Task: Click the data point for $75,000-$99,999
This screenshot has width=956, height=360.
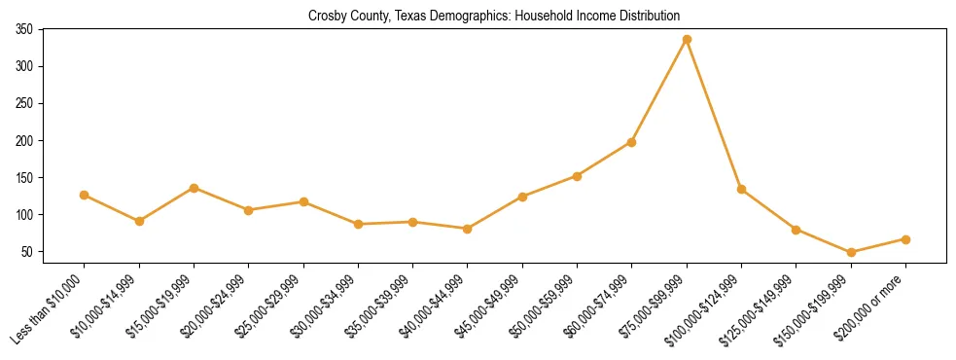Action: [x=687, y=39]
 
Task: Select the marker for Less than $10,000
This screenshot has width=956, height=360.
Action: [x=85, y=195]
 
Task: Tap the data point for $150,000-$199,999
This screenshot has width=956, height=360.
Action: [x=851, y=252]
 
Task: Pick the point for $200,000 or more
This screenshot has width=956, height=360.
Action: [x=905, y=239]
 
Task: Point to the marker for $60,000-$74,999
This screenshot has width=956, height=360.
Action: [x=632, y=142]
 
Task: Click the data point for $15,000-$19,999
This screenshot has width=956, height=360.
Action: [x=194, y=188]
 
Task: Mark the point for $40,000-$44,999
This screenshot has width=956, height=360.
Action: [x=468, y=229]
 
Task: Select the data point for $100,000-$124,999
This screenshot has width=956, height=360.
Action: [x=741, y=189]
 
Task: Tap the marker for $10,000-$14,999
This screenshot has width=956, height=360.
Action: [x=139, y=221]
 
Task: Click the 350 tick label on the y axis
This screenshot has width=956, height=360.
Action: [x=24, y=30]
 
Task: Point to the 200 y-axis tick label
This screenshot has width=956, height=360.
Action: [x=24, y=141]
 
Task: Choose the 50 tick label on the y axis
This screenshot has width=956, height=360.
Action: [x=27, y=252]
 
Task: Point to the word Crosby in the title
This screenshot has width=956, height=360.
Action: [x=327, y=16]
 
